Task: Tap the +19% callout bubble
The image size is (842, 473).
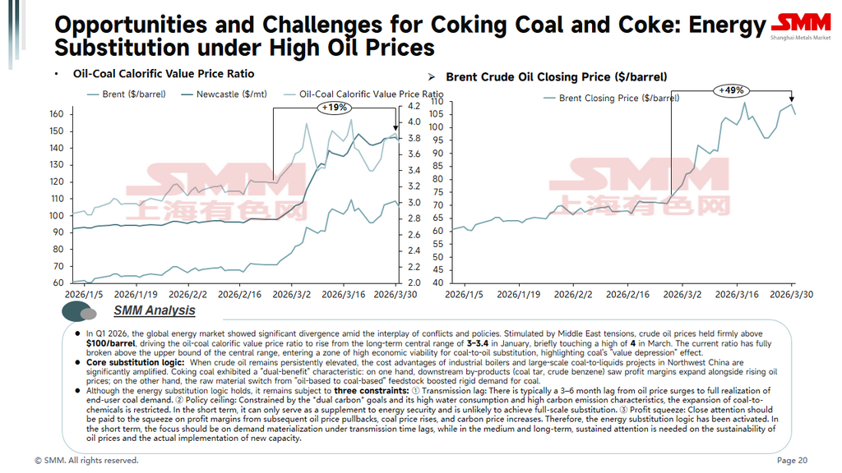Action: pos(335,107)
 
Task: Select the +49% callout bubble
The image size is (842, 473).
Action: pos(730,90)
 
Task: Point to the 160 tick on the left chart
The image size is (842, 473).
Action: pos(57,114)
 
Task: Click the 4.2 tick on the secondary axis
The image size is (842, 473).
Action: pos(414,107)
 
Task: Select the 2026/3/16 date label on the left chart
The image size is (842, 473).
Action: pos(344,293)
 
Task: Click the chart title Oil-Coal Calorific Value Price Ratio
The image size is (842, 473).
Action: pos(164,74)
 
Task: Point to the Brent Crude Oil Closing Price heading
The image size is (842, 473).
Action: pos(556,77)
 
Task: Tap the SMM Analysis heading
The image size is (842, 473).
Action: pos(155,310)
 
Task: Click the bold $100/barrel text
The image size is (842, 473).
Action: pos(113,343)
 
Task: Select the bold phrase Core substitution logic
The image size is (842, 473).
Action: pos(136,362)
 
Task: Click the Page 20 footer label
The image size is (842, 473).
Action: pos(792,461)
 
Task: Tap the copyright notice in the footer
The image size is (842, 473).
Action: pos(86,461)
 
